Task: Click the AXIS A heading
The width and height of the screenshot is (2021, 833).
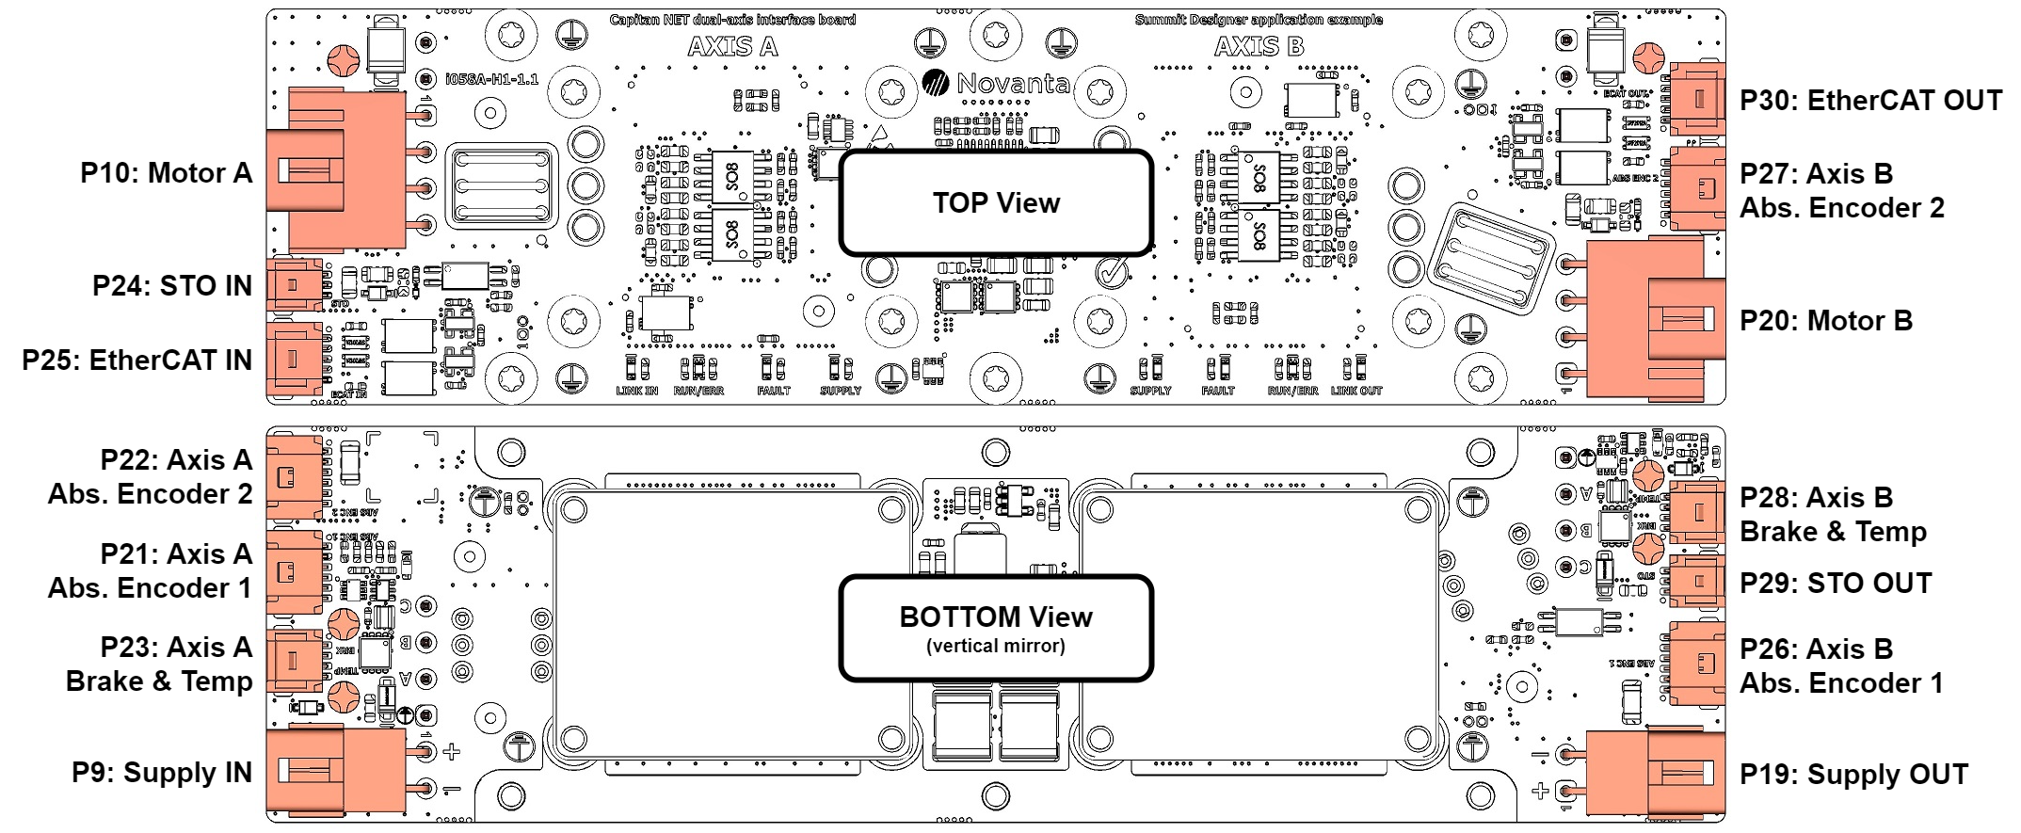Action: click(x=732, y=46)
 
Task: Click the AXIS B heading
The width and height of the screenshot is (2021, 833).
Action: click(x=1259, y=46)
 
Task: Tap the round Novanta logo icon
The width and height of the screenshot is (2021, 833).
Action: click(x=935, y=83)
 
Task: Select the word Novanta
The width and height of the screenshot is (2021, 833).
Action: click(x=1013, y=84)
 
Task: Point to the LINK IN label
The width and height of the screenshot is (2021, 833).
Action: click(x=637, y=391)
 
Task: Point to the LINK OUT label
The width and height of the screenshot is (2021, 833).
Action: click(x=1356, y=391)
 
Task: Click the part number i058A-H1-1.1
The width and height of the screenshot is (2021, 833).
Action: click(x=492, y=80)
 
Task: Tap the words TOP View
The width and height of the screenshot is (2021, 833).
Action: click(x=996, y=202)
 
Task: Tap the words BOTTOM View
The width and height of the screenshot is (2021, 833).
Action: click(x=996, y=617)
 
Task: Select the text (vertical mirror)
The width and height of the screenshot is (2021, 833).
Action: click(x=996, y=647)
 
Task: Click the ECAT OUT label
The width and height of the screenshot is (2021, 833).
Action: click(x=1626, y=93)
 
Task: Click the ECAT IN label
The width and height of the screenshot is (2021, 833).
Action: click(x=348, y=394)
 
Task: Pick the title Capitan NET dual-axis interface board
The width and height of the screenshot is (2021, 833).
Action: click(x=732, y=19)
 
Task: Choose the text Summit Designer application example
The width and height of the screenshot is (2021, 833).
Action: click(x=1259, y=19)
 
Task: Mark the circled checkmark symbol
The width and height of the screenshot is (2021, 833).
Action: click(x=1112, y=273)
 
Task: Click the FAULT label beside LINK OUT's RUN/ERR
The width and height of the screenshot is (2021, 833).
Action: click(x=1218, y=391)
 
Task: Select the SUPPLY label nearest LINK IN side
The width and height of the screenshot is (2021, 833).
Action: click(x=841, y=391)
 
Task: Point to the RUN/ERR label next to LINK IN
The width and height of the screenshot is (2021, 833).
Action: click(x=698, y=391)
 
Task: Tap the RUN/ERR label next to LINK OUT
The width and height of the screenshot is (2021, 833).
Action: click(x=1292, y=391)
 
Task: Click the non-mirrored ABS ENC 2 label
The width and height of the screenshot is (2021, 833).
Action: click(x=1635, y=178)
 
